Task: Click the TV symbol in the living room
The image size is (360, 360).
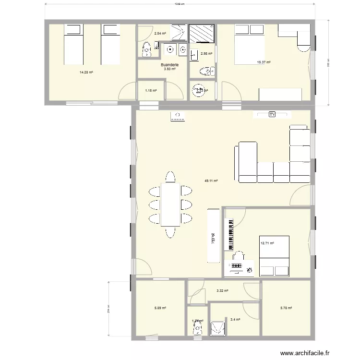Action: [272, 115]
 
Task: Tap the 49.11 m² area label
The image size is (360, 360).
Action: [211, 181]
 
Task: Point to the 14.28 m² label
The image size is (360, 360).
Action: [86, 72]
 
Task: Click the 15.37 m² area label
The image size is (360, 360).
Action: [264, 62]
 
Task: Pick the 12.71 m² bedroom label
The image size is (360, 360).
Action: [267, 243]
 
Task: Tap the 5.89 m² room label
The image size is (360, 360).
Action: [160, 308]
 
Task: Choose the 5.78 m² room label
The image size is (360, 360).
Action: [286, 308]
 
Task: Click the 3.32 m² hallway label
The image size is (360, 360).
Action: [222, 291]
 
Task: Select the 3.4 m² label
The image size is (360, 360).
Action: [235, 319]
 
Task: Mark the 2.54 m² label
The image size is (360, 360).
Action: [160, 34]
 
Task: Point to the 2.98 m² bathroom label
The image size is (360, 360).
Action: [206, 54]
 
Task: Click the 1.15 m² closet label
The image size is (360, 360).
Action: [151, 91]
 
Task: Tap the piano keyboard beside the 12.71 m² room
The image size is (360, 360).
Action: [230, 234]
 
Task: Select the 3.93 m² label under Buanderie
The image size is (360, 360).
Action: [169, 69]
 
